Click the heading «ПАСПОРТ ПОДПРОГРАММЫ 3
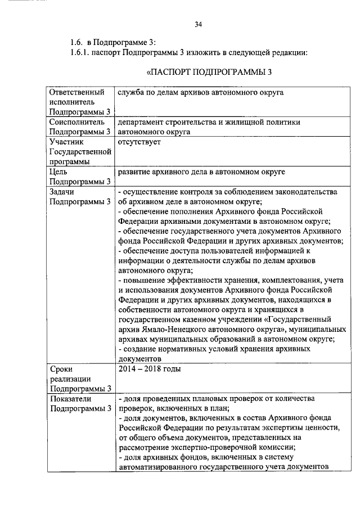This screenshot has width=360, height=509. point(209,73)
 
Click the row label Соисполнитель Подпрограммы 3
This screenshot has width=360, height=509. point(79,127)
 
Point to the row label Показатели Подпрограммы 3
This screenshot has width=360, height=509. point(79,403)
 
